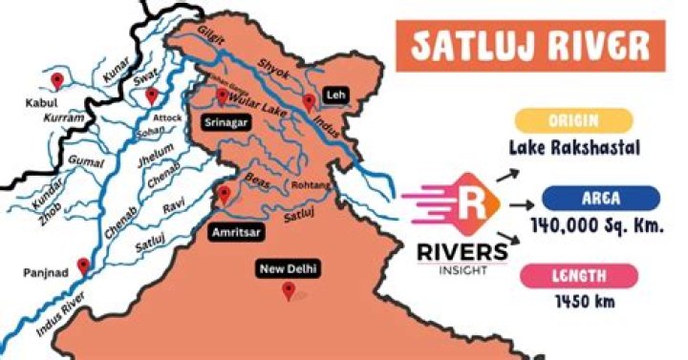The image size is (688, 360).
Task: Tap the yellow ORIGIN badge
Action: [x=572, y=120]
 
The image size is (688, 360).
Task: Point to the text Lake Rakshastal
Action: [x=572, y=149]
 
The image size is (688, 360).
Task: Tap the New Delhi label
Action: [x=289, y=269]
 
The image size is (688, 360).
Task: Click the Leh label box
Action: [x=334, y=96]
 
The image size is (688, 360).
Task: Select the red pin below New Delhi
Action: [x=289, y=290]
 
